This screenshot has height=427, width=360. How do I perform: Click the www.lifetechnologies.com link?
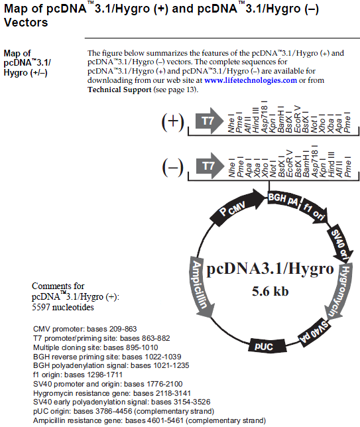tap(251, 80)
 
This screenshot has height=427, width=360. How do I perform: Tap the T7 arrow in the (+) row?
tap(210, 121)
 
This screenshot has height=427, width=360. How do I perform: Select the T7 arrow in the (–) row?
tap(210, 166)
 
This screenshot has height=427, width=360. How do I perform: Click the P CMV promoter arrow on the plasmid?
tap(237, 208)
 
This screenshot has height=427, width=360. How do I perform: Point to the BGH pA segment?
tap(283, 200)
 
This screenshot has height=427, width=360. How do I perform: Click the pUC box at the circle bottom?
tap(267, 346)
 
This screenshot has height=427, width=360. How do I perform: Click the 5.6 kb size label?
tap(270, 291)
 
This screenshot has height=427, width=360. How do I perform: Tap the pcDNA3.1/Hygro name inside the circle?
tap(270, 269)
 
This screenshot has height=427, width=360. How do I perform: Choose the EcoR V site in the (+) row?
tap(298, 119)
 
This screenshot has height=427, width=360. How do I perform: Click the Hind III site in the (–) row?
tap(331, 164)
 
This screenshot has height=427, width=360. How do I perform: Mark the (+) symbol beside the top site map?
tap(173, 121)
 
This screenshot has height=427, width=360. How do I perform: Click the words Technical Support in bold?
tap(119, 90)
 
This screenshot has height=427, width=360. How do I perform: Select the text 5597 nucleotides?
tap(63, 307)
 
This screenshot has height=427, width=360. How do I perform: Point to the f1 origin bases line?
tap(78, 375)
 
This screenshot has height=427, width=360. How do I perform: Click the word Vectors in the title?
tap(26, 23)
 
